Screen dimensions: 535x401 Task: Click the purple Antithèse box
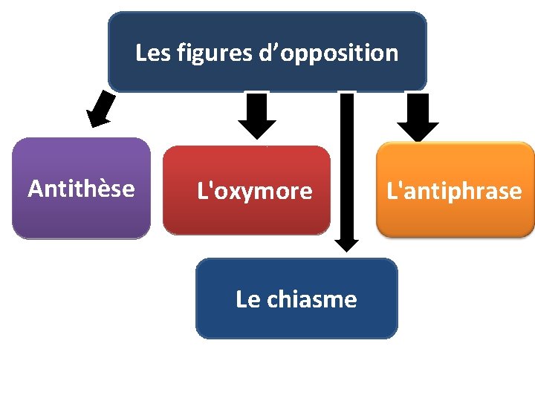(x=81, y=215)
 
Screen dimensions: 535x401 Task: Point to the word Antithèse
(x=81, y=189)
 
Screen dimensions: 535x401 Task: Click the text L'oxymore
(x=254, y=192)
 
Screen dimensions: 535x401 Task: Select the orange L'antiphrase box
(x=455, y=219)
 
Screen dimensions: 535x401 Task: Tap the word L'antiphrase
(x=454, y=192)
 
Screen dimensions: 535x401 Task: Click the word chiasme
(x=311, y=299)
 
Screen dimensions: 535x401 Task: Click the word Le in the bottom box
(x=248, y=299)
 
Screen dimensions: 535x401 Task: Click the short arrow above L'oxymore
(x=257, y=115)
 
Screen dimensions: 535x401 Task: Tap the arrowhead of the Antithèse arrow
(x=95, y=120)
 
